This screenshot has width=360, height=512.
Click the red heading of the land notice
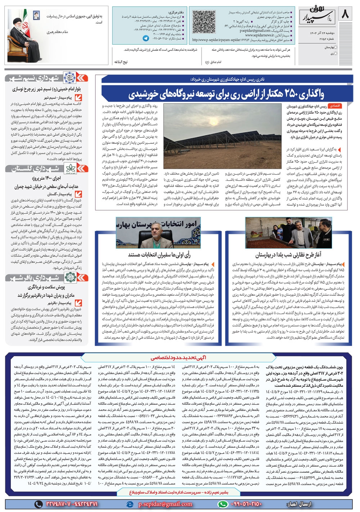click(179, 357)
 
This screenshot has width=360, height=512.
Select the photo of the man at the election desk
click(158, 234)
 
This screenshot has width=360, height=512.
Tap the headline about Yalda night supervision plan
click(288, 255)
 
